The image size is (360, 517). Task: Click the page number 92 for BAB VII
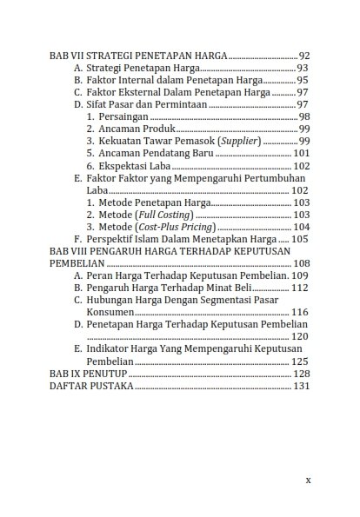click(303, 55)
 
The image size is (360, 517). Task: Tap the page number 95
click(303, 80)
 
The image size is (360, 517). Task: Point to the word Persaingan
click(123, 116)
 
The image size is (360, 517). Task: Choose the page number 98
click(304, 116)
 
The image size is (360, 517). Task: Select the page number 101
click(301, 153)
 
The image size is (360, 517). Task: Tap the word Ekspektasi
click(125, 165)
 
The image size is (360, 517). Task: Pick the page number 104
click(301, 226)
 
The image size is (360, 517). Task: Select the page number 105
click(300, 238)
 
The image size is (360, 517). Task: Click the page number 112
click(300, 287)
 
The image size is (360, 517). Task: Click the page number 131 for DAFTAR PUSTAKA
click(301, 385)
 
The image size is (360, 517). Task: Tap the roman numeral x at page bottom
click(308, 479)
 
